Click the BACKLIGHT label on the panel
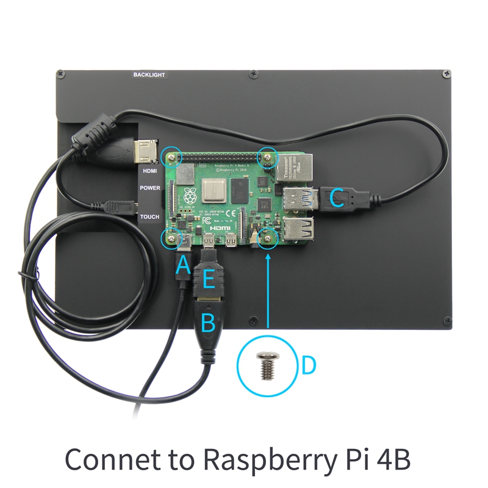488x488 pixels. coord(149,75)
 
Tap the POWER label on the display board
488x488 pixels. coord(149,188)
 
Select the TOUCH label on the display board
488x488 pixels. coord(149,217)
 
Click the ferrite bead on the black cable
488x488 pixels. coord(98,131)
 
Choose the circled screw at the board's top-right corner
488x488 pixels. coord(267,157)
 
